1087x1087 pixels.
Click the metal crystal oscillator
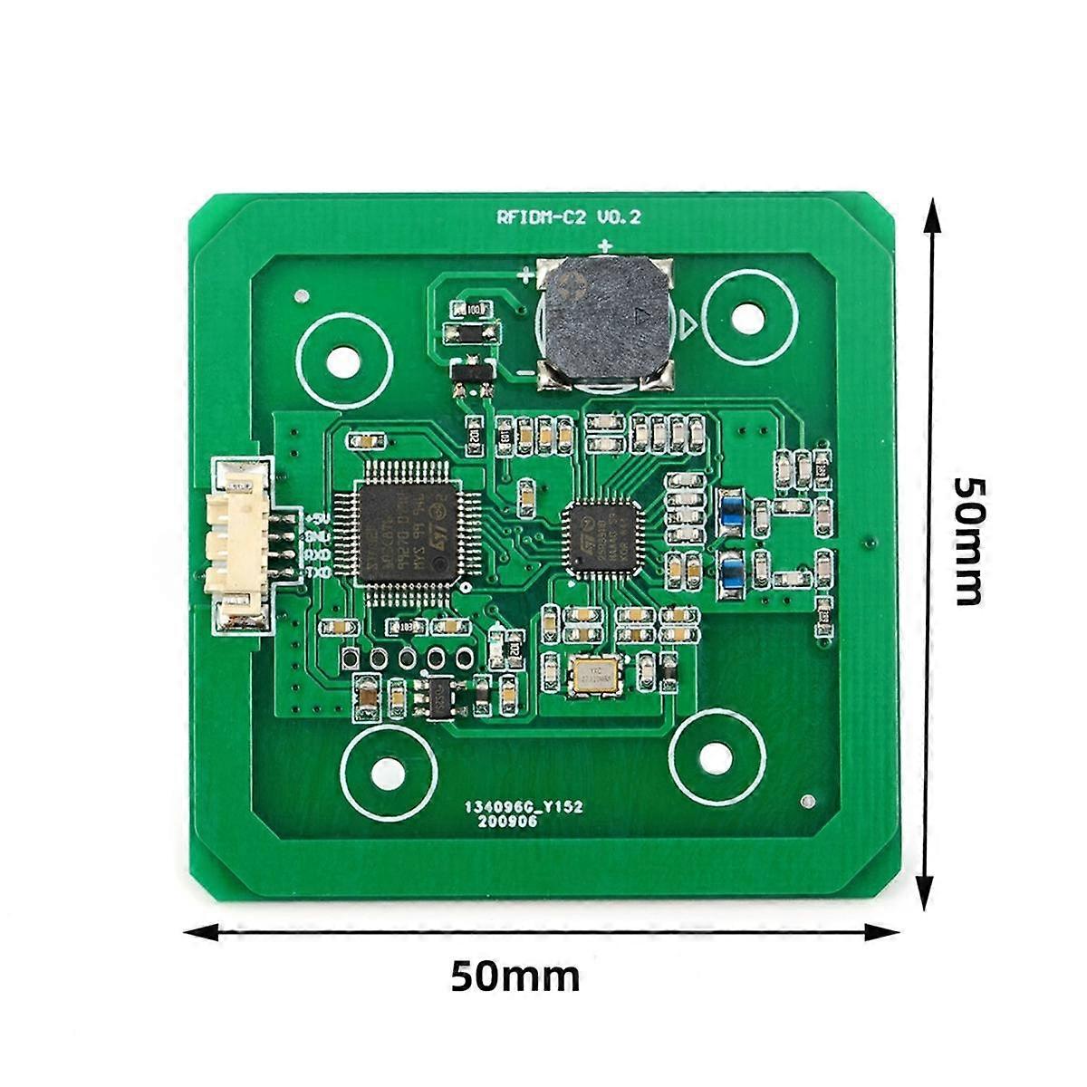point(594,676)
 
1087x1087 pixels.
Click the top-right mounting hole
point(748,319)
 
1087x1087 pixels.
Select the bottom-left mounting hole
point(389,773)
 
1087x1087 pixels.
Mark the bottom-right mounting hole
point(716,757)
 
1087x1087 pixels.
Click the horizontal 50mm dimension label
point(515,976)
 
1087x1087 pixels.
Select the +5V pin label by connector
point(316,519)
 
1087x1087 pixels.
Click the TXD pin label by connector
point(316,573)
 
